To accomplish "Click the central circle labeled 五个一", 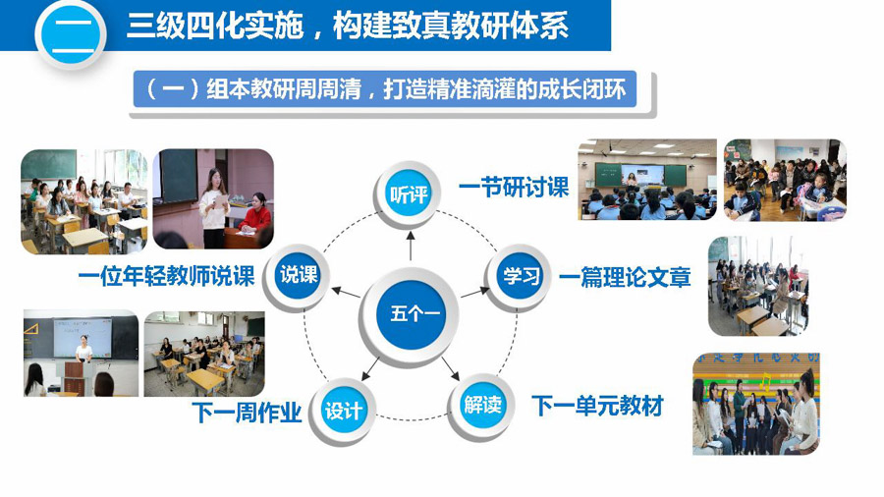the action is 411,314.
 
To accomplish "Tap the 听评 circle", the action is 409,194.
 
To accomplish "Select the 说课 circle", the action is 299,276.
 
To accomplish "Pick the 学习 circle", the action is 520,276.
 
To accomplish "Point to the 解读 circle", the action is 481,405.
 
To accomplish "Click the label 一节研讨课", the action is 514,188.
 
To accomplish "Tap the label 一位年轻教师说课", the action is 167,276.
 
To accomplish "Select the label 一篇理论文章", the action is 625,278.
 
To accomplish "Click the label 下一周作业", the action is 247,413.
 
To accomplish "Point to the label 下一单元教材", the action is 597,406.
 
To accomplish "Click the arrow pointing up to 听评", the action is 410,246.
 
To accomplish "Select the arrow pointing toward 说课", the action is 346,292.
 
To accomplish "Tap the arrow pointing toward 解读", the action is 451,368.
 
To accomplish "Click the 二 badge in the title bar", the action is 71,35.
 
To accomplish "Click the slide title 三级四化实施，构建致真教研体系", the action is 348,26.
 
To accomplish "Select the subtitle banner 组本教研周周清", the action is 385,89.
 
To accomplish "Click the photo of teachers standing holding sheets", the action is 756,404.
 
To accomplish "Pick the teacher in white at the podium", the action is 83,349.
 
